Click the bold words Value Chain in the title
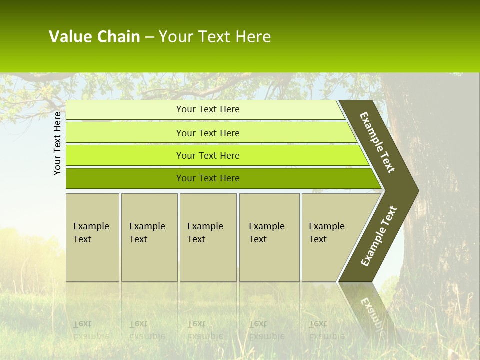click(x=94, y=37)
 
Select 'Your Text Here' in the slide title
click(x=215, y=37)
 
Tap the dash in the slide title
click(x=149, y=37)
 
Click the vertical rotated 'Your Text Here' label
click(x=57, y=143)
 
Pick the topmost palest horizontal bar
click(x=125, y=110)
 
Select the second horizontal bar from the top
click(x=125, y=133)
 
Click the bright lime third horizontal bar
click(x=125, y=156)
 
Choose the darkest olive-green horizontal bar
click(x=125, y=178)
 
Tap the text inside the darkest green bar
click(x=208, y=178)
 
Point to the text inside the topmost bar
click(x=208, y=109)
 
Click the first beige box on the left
click(x=92, y=237)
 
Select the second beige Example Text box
click(x=149, y=237)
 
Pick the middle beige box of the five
click(x=208, y=237)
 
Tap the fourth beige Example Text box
click(x=269, y=237)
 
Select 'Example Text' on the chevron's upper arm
click(x=378, y=142)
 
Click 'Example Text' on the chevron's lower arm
click(x=379, y=236)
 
